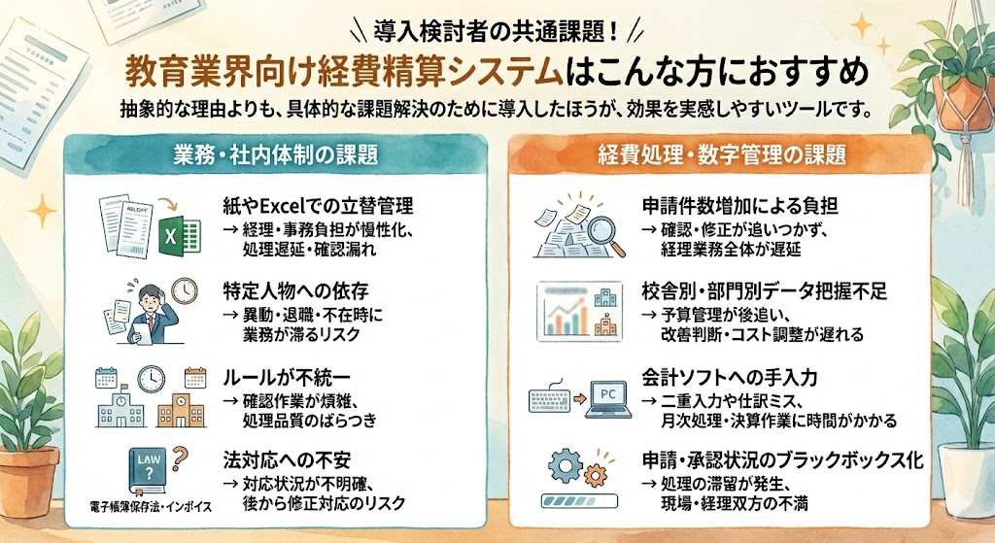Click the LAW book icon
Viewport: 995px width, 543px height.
click(x=147, y=472)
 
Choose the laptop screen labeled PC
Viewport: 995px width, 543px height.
click(x=608, y=396)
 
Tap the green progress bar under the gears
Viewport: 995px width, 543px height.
click(x=581, y=504)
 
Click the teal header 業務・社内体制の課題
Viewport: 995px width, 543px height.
click(x=261, y=154)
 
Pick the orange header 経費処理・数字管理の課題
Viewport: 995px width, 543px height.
click(x=720, y=154)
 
